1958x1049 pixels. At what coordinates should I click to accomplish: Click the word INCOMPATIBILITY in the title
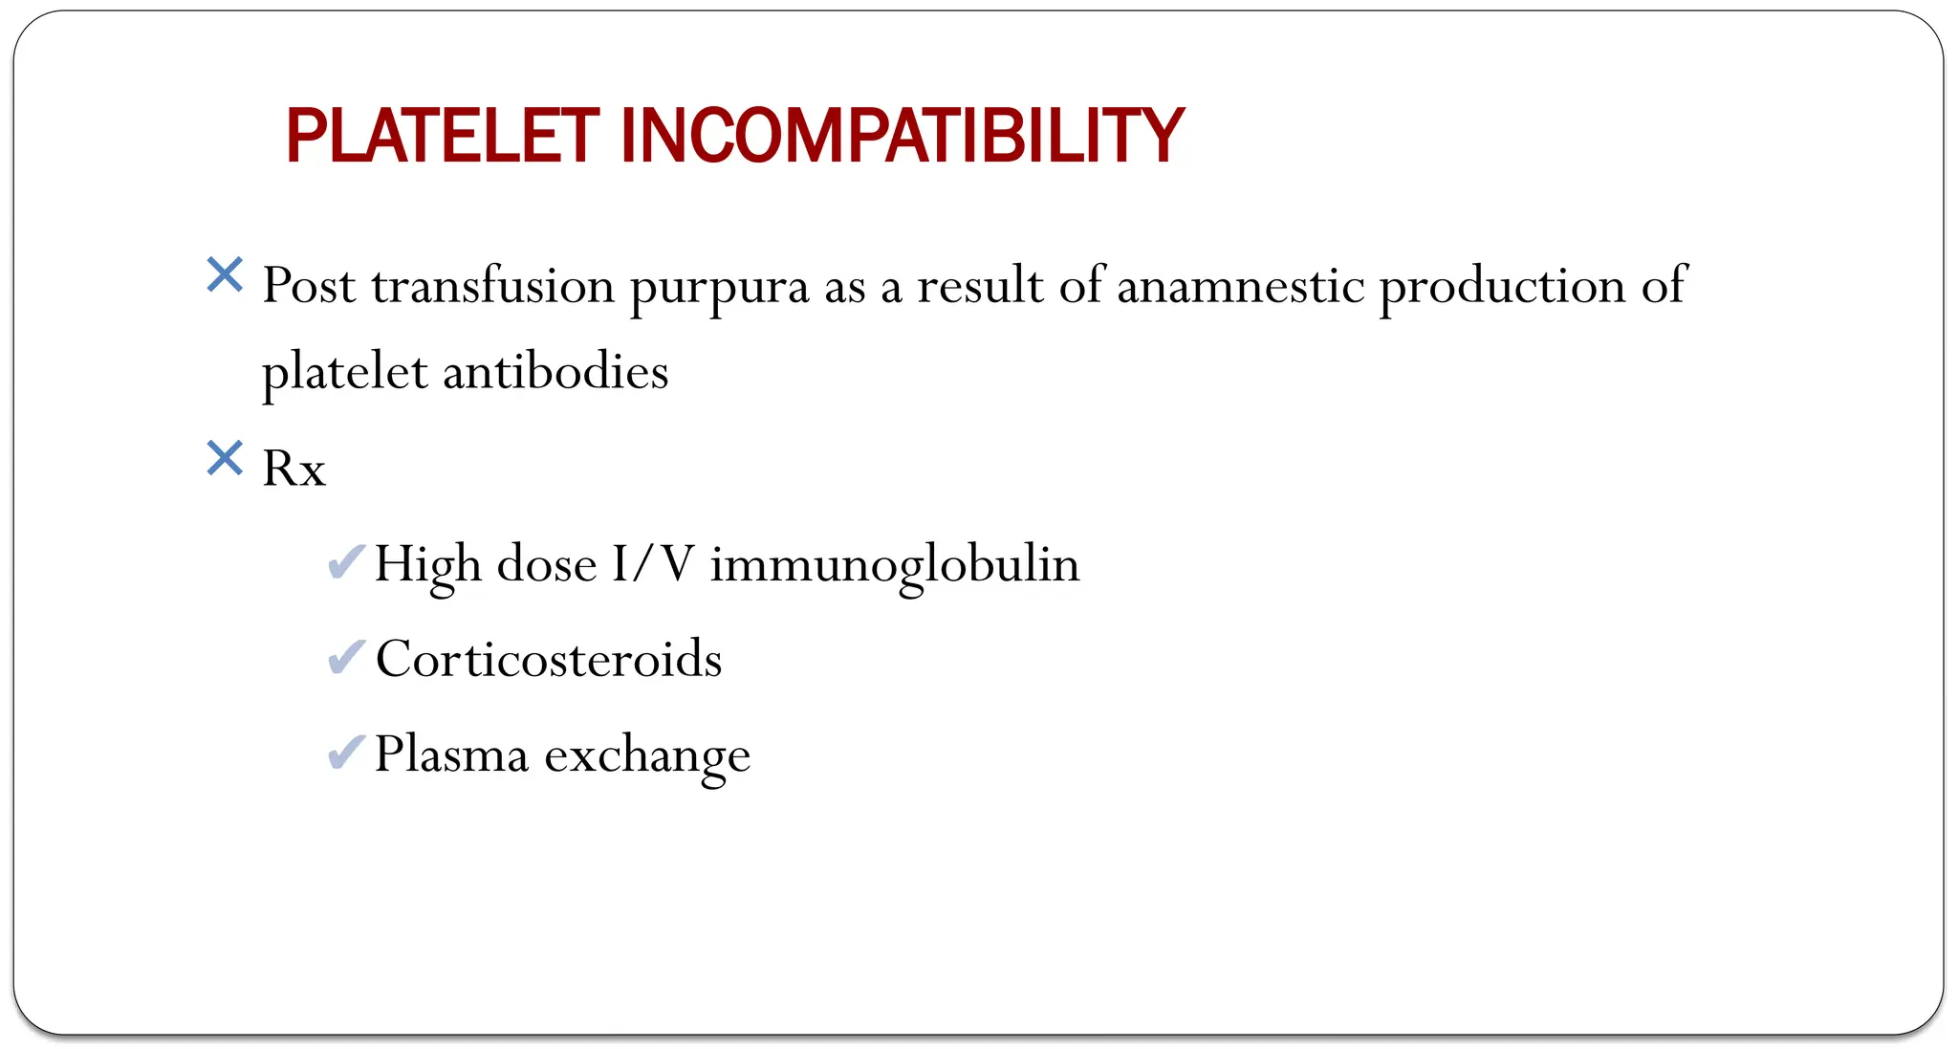pyautogui.click(x=902, y=137)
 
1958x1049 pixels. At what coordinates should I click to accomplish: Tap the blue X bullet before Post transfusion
pyautogui.click(x=225, y=275)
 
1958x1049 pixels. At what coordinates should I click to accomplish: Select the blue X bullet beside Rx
pyautogui.click(x=225, y=459)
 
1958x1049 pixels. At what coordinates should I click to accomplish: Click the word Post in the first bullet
pyautogui.click(x=309, y=285)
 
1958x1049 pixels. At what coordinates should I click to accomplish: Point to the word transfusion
pyautogui.click(x=492, y=285)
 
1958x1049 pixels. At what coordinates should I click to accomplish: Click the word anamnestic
pyautogui.click(x=1240, y=285)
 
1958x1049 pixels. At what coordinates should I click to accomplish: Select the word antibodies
pyautogui.click(x=555, y=371)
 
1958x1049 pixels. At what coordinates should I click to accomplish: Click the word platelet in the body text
pyautogui.click(x=344, y=373)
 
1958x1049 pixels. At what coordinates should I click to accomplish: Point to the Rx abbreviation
pyautogui.click(x=294, y=469)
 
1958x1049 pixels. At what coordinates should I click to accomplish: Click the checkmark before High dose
pyautogui.click(x=345, y=562)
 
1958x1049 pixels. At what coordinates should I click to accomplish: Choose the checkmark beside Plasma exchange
pyautogui.click(x=345, y=753)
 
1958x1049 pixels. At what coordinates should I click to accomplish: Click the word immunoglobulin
pyautogui.click(x=894, y=564)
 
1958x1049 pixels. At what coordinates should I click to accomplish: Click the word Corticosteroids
pyautogui.click(x=549, y=659)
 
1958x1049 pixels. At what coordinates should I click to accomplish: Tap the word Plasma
pyautogui.click(x=451, y=754)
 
